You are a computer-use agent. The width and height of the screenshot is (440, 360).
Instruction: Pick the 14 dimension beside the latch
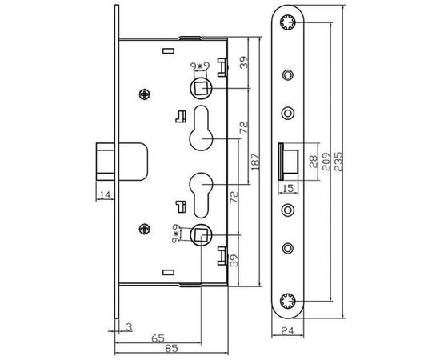(105, 194)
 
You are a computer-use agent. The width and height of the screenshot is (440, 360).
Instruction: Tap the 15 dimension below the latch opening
(290, 189)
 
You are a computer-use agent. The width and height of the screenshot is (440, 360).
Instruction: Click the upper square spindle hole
(202, 86)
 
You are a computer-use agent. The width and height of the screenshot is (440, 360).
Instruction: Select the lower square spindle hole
(201, 234)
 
